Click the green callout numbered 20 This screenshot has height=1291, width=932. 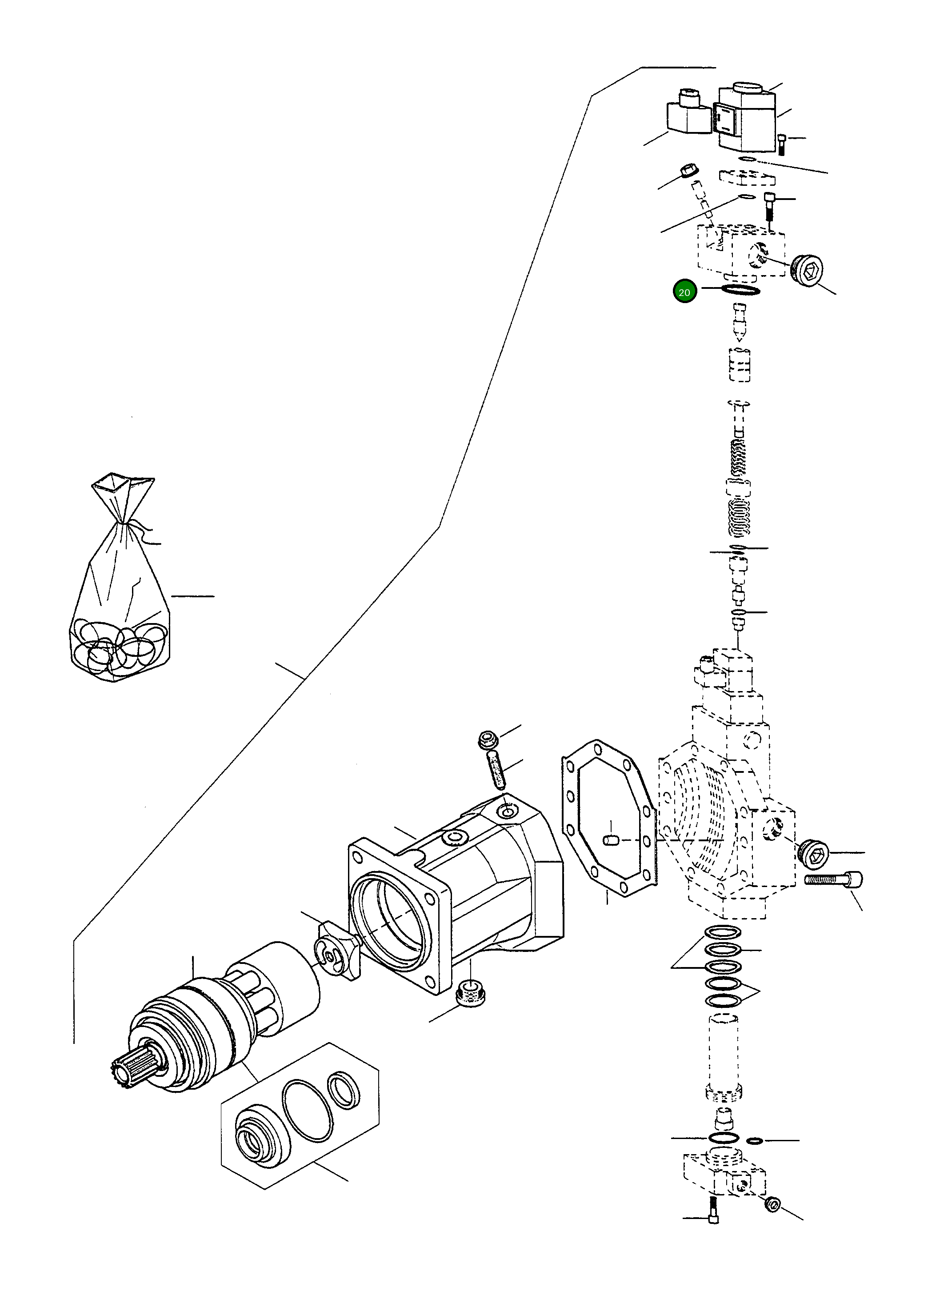[x=684, y=292]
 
